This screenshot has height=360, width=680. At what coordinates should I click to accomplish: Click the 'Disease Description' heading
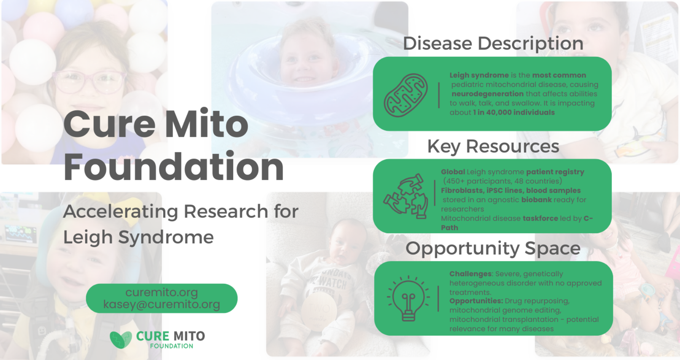tap(493, 43)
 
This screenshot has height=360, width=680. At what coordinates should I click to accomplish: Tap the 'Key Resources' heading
tap(493, 147)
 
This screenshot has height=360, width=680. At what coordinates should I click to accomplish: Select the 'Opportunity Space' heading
tap(493, 248)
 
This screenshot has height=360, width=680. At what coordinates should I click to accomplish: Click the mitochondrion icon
tap(406, 95)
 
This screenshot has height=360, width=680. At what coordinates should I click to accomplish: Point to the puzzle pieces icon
tap(406, 196)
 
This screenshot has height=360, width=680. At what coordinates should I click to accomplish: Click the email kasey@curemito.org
tap(162, 304)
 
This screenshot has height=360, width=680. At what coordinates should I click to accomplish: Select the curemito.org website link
tap(162, 292)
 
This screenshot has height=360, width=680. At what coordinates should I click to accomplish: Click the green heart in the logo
tap(121, 339)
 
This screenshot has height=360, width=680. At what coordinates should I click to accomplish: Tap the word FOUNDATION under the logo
tap(171, 346)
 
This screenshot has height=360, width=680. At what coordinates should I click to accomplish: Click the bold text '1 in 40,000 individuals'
tap(514, 112)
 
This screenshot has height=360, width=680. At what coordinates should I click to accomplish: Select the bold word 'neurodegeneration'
tap(488, 94)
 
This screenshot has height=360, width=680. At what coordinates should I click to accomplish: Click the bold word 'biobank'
tap(536, 200)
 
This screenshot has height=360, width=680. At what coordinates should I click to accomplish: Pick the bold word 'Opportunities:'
tap(476, 301)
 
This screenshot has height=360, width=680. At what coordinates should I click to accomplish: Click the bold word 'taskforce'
tap(540, 218)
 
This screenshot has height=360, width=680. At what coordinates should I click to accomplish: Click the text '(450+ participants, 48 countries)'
tap(502, 181)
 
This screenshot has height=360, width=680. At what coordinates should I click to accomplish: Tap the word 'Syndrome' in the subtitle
tap(166, 238)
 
